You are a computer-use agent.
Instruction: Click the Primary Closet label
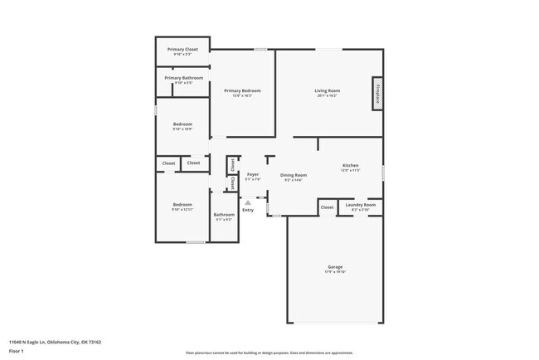pos(182,50)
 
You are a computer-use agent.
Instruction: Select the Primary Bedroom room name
pos(242,90)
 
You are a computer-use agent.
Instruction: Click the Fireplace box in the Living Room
pos(377,94)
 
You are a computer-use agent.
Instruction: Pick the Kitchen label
pos(351,166)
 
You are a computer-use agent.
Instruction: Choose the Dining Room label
pos(294,175)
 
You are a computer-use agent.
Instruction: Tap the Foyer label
pos(253,174)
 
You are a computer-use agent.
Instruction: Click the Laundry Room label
pos(360,205)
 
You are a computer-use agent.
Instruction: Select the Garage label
pos(334,267)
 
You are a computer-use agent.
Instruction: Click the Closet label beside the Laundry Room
pos(327,207)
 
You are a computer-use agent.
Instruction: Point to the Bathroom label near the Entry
pos(225,215)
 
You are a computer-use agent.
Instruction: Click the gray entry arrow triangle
pos(247,202)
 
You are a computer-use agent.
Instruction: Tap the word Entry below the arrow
pos(247,211)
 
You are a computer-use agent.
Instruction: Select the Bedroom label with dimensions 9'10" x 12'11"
pos(182,205)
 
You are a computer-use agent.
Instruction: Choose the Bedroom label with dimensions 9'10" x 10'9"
pos(182,124)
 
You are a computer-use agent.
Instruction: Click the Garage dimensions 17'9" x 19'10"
pos(334,272)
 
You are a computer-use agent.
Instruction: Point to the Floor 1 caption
pos(17,351)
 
